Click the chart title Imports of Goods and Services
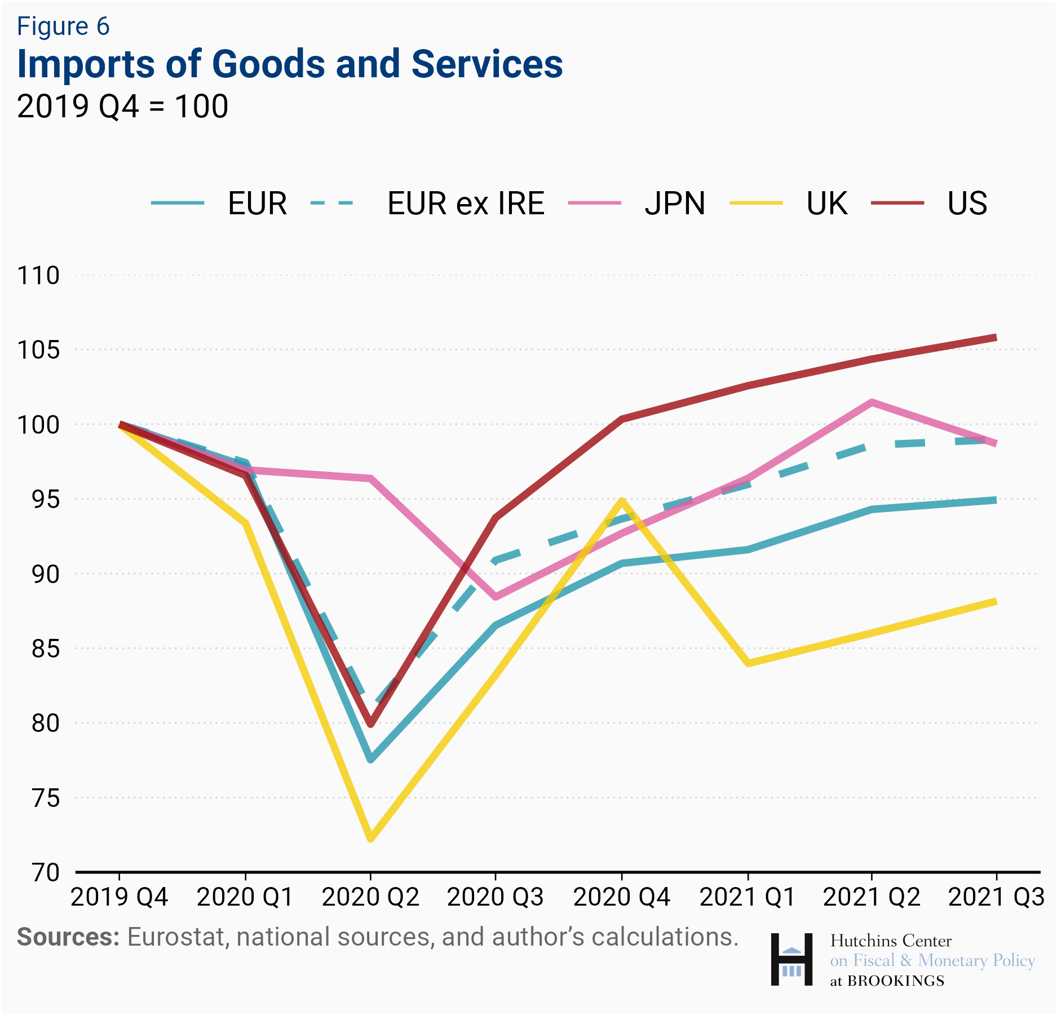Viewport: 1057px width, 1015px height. [290, 63]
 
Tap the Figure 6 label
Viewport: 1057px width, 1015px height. [63, 27]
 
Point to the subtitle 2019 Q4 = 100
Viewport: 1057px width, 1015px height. [122, 106]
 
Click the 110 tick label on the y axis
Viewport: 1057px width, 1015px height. [38, 276]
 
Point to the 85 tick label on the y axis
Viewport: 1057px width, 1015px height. [45, 648]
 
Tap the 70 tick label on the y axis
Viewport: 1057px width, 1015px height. [45, 872]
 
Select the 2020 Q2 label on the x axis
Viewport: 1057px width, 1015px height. [370, 897]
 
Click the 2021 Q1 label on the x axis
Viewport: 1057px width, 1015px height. [748, 897]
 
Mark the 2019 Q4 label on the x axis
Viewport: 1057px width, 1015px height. [119, 897]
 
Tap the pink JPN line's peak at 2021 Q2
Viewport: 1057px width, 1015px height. [872, 403]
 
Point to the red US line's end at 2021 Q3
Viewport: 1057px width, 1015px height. [996, 338]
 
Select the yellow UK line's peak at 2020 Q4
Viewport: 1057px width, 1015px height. [622, 500]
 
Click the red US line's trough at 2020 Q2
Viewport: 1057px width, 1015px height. [370, 724]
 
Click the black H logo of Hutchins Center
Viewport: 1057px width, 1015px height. [791, 959]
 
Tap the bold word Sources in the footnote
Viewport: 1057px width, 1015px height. [68, 937]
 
